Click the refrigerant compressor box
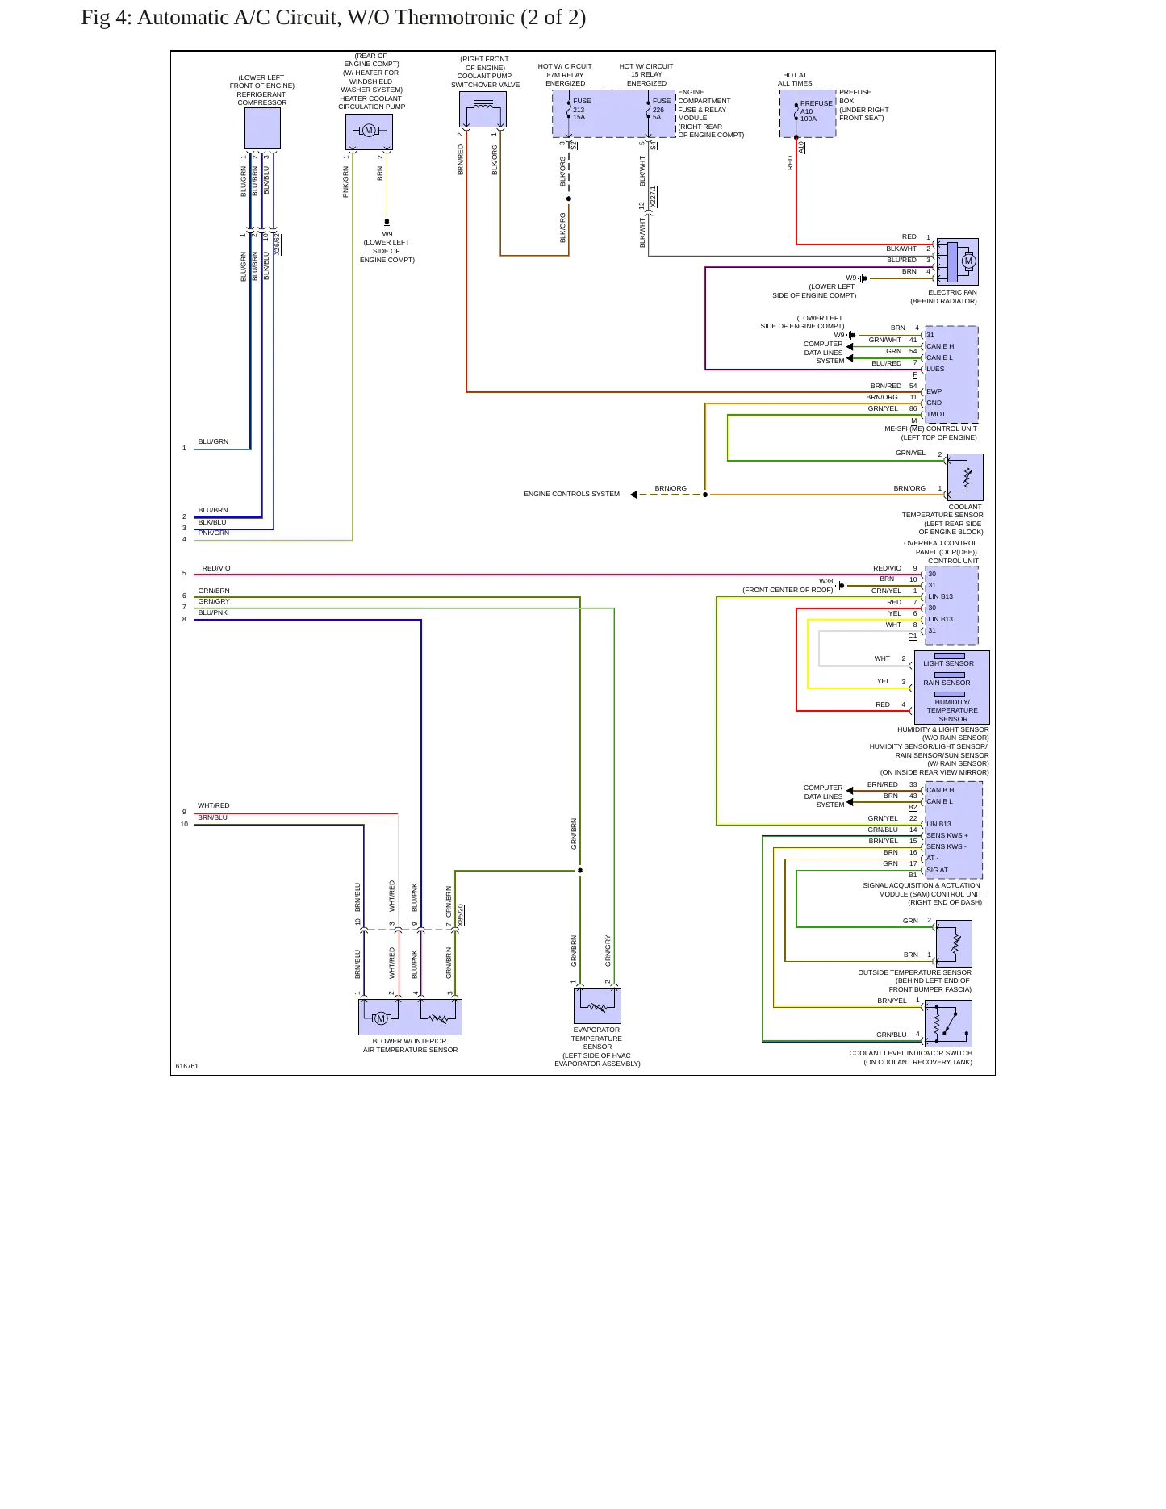(262, 128)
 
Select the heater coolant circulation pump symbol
(369, 132)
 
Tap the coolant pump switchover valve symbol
(483, 110)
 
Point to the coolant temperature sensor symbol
(965, 477)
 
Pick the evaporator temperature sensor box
(597, 1005)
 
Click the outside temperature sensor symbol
(954, 943)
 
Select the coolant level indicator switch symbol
(948, 1023)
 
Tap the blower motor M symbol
(381, 1018)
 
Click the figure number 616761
(187, 1066)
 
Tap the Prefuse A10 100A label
(816, 111)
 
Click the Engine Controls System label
(572, 494)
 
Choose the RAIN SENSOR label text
(947, 683)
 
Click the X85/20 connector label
(461, 915)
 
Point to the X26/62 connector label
(278, 245)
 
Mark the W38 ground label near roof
(826, 581)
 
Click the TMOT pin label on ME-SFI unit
(936, 414)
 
